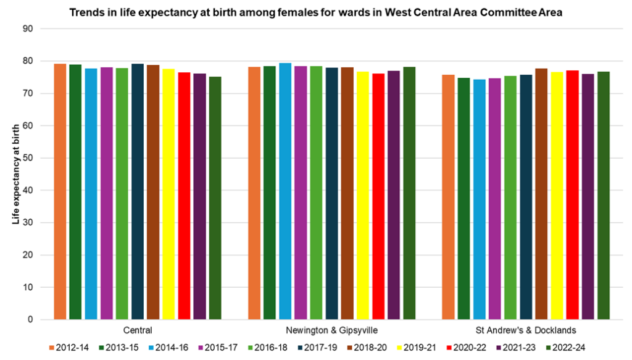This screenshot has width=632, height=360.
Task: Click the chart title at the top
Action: [315, 12]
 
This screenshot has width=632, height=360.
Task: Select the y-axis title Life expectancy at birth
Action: [17, 174]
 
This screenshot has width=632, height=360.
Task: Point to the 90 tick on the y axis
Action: [28, 29]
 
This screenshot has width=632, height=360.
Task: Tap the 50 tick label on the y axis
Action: [28, 158]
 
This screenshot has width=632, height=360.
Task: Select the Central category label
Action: [138, 330]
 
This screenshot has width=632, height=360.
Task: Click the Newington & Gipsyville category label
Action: [331, 330]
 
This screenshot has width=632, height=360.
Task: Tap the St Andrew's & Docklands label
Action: [526, 330]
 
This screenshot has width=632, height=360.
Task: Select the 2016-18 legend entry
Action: [272, 348]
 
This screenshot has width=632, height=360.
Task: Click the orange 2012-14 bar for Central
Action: [60, 191]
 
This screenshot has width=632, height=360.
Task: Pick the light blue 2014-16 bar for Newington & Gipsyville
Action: [285, 191]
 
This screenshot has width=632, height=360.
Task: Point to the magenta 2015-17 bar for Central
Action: [106, 193]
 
